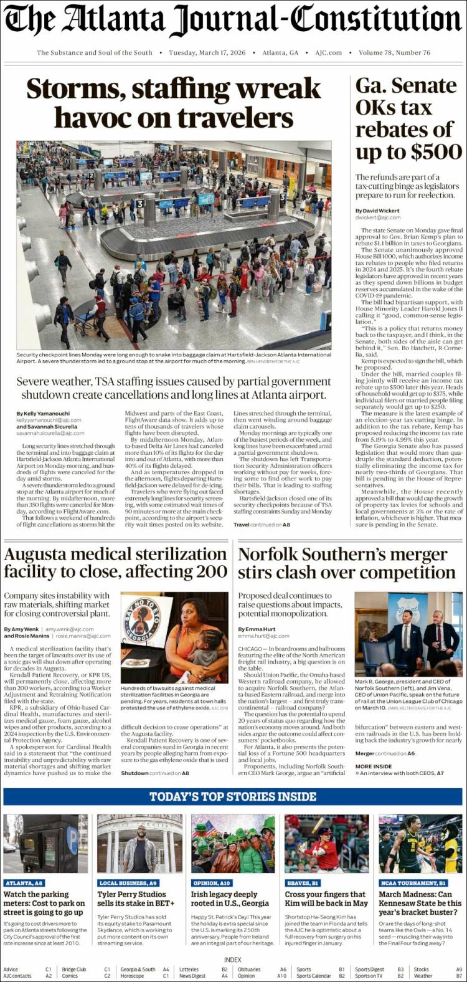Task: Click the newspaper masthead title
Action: click(x=233, y=20)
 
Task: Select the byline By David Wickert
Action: click(x=378, y=211)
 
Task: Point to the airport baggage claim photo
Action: click(x=173, y=244)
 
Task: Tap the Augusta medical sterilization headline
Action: click(x=115, y=563)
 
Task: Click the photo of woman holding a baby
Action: click(x=174, y=637)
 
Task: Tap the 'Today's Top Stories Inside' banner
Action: click(x=233, y=796)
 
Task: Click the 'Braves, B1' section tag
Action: click(x=302, y=883)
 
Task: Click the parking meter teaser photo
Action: click(x=45, y=843)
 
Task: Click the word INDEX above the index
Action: click(x=233, y=960)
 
